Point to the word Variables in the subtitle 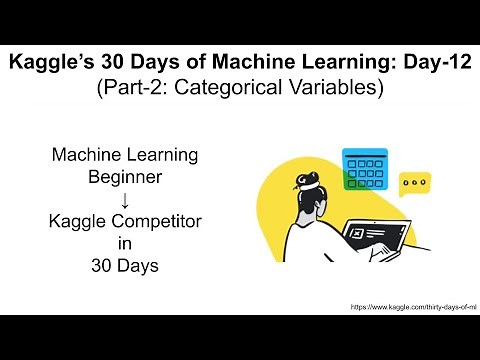(336, 88)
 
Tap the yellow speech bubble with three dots (414, 183)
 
